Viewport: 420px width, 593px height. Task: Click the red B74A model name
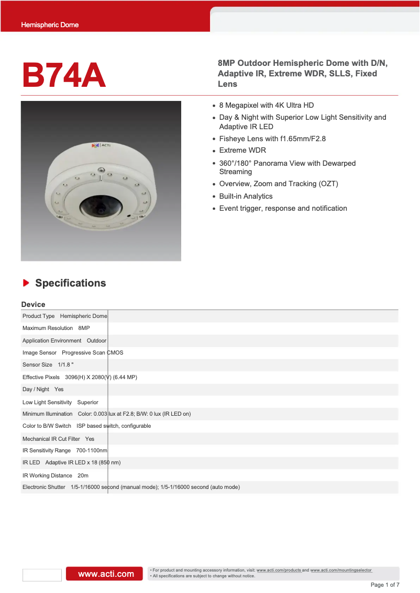click(63, 75)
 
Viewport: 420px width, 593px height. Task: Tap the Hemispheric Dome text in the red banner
click(50, 25)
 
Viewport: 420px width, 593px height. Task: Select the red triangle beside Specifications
click(26, 283)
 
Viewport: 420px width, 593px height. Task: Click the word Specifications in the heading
click(70, 283)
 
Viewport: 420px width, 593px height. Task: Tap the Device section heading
click(33, 304)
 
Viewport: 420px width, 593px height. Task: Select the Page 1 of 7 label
click(384, 585)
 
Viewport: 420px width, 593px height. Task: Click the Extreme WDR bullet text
click(242, 150)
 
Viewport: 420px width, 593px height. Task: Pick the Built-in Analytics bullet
click(246, 196)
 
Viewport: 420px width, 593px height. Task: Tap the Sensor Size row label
click(37, 364)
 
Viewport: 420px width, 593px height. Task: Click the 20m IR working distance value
click(83, 475)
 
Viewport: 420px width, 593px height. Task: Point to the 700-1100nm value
click(92, 450)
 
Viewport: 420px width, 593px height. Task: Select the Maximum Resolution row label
click(48, 328)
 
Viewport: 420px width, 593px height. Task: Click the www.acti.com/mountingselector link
click(341, 570)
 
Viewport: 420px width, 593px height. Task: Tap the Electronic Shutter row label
click(44, 487)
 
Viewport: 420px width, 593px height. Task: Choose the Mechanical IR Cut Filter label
click(51, 439)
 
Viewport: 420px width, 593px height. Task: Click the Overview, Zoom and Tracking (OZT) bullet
click(279, 184)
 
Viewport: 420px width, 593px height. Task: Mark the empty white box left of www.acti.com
click(42, 575)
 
